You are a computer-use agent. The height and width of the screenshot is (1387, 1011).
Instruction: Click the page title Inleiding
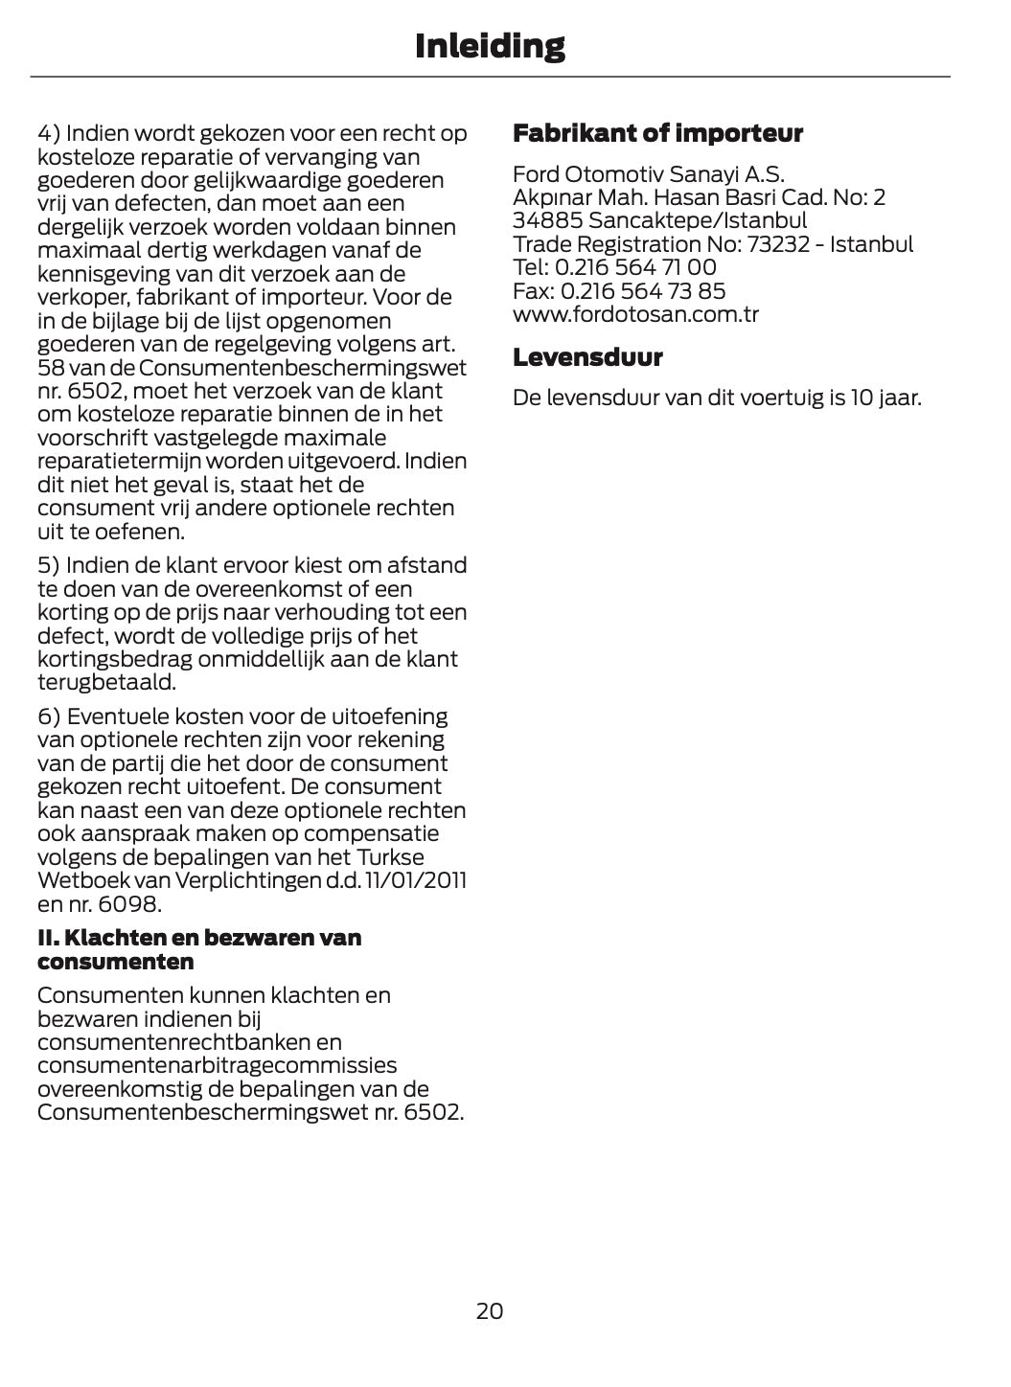(x=490, y=45)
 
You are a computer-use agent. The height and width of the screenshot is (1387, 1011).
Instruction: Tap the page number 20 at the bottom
(x=490, y=1310)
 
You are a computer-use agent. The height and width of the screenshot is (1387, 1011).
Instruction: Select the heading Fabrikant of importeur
(x=657, y=133)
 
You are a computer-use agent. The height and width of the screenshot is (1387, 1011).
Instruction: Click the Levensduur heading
(x=587, y=357)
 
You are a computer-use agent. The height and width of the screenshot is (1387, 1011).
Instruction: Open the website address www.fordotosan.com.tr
(x=635, y=314)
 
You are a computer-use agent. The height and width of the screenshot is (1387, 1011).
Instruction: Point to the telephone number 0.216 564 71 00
(x=635, y=267)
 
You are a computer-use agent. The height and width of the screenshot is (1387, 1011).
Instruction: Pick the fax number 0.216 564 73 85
(x=643, y=291)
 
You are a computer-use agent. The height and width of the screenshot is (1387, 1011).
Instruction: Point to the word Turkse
(x=390, y=857)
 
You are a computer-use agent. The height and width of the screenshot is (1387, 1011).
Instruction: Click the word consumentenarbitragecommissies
(x=217, y=1065)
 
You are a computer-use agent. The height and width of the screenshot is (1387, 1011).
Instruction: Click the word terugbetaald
(x=106, y=683)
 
